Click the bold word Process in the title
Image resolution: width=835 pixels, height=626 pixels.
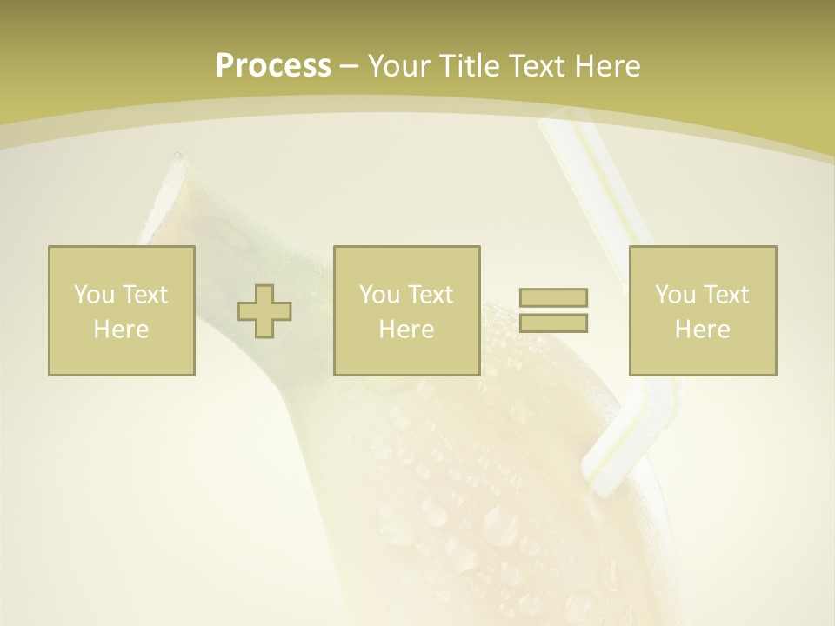[x=273, y=66]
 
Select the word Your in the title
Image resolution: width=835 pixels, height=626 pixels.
[x=400, y=66]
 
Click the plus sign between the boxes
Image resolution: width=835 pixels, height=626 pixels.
[x=264, y=310]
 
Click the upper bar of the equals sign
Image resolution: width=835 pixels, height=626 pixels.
[x=553, y=297]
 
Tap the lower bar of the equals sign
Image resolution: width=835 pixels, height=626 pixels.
[x=553, y=323]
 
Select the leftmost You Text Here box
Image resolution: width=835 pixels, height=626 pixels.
[x=122, y=310]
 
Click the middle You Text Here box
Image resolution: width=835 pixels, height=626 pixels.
[x=406, y=310]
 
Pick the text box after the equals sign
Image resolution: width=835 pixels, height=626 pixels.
[x=702, y=310]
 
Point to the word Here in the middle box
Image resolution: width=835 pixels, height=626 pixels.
[x=406, y=330]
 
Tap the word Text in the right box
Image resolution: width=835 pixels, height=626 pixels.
[x=725, y=295]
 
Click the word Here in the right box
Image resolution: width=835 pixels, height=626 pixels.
[x=702, y=330]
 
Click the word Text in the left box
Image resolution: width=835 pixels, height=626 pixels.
[x=144, y=295]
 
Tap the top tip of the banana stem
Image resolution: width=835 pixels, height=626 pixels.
[x=178, y=158]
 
